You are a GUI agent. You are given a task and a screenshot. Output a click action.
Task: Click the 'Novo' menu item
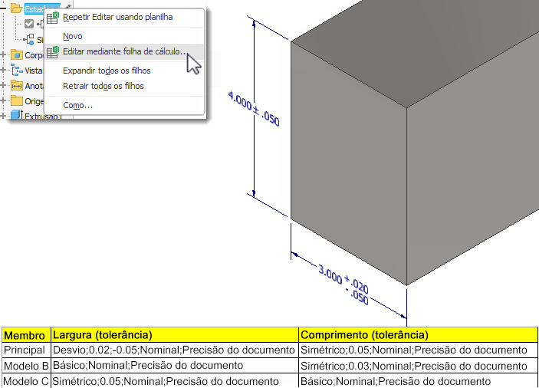pos(73,36)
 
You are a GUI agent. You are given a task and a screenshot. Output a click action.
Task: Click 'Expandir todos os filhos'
pos(107,71)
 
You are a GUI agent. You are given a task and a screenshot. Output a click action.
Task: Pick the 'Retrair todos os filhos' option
pos(103,86)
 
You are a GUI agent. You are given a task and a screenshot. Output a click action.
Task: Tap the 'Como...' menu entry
pos(77,105)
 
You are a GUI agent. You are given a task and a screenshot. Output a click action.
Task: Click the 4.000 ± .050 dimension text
pos(254,109)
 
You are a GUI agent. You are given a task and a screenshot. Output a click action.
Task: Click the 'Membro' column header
pos(25,335)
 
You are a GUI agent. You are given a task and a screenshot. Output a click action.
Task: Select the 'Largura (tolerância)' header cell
pos(101,335)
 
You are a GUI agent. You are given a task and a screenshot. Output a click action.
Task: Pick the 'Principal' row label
pos(25,350)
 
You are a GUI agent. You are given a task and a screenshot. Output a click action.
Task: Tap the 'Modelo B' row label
pos(25,366)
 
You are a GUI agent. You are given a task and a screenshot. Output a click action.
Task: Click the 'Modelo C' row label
pos(25,381)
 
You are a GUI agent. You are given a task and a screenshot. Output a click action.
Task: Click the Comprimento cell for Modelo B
pos(414,366)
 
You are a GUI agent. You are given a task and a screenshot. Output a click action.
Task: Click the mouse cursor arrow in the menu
pos(193,64)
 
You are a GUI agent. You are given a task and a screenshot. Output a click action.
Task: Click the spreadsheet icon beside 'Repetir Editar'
pos(53,17)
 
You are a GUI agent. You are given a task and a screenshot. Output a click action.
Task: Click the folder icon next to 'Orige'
pos(16,101)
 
